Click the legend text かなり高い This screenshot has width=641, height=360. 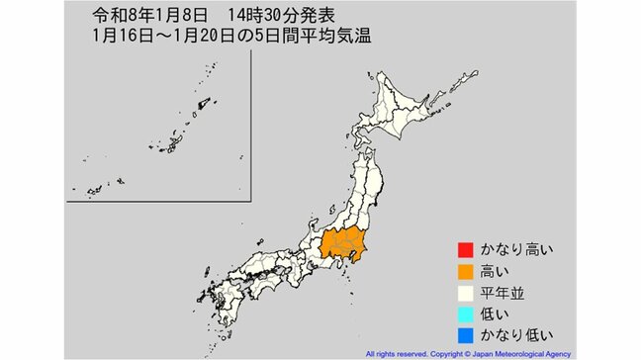coord(511,248)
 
